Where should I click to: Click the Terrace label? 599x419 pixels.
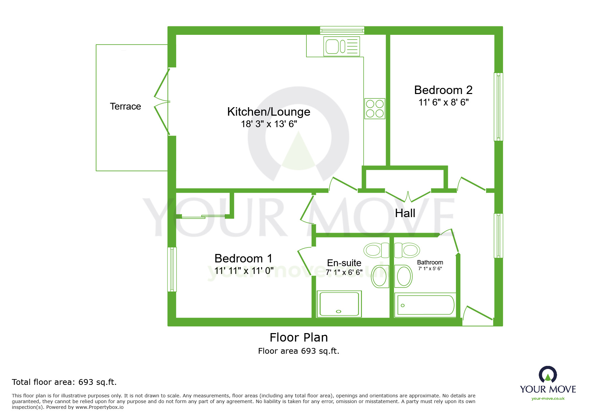point(125,106)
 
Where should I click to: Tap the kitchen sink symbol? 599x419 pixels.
point(341,46)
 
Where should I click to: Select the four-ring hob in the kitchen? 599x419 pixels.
point(375,109)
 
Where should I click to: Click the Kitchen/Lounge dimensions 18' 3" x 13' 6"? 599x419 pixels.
point(269,124)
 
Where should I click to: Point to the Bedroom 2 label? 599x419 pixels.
point(443,90)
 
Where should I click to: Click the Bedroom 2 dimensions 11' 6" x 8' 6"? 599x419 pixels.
point(443,102)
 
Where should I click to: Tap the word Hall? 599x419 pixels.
point(405,213)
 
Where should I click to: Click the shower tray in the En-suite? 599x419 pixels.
point(339,304)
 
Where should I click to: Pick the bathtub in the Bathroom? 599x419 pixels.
point(425,305)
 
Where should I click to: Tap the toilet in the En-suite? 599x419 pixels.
point(376,250)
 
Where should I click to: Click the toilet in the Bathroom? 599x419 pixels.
point(407,250)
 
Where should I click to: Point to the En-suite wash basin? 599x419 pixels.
point(380,276)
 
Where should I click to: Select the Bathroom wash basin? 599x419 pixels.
point(404,276)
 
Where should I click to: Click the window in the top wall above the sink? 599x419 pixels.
point(342,30)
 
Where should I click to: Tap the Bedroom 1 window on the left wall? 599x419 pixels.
point(172,269)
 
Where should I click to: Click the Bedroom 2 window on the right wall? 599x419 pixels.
point(498,107)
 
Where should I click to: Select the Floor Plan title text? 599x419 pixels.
point(299,337)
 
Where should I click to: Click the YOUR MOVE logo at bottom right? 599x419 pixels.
point(548,383)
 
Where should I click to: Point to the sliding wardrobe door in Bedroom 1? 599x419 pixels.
point(203,216)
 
